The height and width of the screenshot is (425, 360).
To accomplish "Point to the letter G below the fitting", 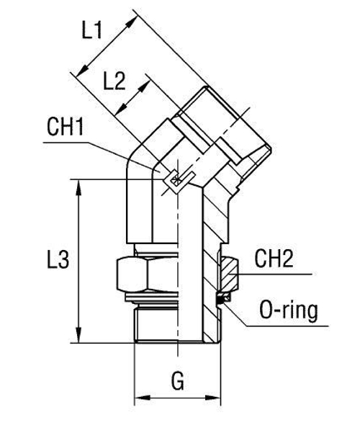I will [176, 380].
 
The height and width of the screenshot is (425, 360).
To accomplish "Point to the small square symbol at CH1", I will [173, 180].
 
